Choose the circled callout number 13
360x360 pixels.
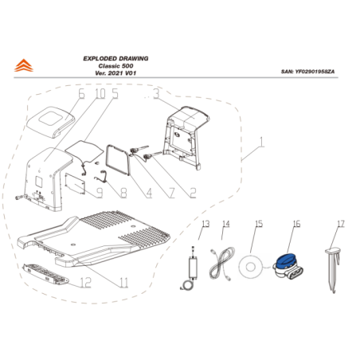click(x=205, y=225)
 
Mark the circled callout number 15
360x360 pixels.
click(x=256, y=225)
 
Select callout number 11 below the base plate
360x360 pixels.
click(x=123, y=282)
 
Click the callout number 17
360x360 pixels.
click(x=339, y=225)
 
